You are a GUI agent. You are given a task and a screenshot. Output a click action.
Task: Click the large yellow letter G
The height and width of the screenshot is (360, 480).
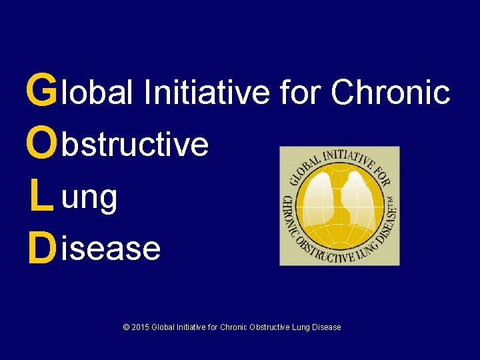pyautogui.click(x=41, y=91)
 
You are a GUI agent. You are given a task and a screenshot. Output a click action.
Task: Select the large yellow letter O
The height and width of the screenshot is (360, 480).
pyautogui.click(x=41, y=144)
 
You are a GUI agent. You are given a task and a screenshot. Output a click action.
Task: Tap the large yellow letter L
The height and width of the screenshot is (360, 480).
pyautogui.click(x=41, y=197)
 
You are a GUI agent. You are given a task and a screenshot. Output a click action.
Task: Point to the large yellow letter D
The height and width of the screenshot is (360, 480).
pyautogui.click(x=41, y=249)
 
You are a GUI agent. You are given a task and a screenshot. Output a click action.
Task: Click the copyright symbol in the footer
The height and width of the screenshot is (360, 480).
pyautogui.click(x=126, y=327)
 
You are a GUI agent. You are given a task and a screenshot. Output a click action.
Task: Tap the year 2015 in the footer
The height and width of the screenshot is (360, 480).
pyautogui.click(x=140, y=327)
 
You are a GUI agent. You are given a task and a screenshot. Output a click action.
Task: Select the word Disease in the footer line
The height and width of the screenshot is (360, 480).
pyautogui.click(x=327, y=327)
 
